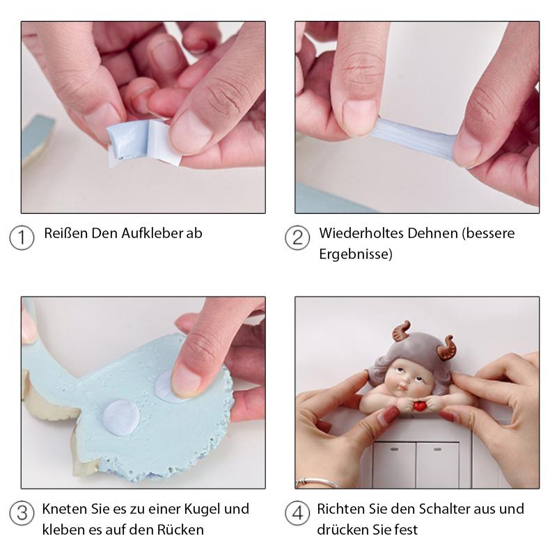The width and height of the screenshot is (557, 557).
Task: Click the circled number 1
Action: pos(22,237)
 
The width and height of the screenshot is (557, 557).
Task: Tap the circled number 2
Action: pos(297,237)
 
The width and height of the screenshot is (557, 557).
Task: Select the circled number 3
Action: pos(22,513)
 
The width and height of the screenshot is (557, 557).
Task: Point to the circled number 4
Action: pos(297,513)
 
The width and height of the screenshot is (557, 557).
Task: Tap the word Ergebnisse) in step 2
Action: pos(356,254)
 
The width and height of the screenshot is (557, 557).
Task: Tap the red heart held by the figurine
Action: pos(421,405)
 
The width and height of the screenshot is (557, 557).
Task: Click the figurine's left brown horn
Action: pos(402,330)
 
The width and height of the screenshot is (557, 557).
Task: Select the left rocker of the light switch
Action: pos(394,464)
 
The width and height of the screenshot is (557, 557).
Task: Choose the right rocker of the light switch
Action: pos(438,464)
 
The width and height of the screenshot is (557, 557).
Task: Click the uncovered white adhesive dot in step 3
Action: pos(120,418)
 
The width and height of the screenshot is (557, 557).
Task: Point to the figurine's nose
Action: pos(402,384)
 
